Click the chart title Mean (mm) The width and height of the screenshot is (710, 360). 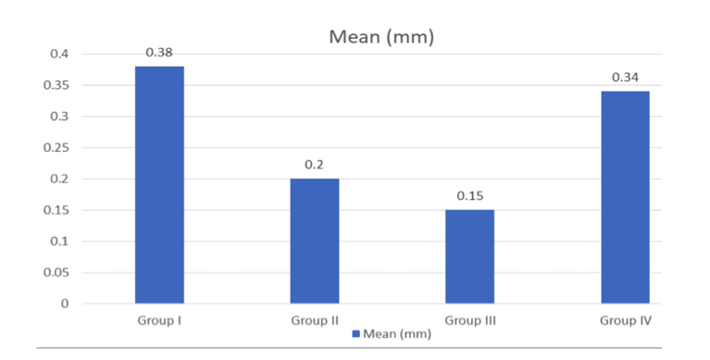click(x=382, y=38)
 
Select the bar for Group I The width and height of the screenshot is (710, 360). click(x=159, y=185)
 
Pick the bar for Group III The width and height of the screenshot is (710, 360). click(x=470, y=256)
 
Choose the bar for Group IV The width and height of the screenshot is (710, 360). click(x=625, y=197)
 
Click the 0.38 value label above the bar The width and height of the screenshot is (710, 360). click(x=159, y=53)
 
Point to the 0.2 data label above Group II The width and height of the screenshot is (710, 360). click(x=315, y=165)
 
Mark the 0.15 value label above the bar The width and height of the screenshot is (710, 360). click(x=470, y=196)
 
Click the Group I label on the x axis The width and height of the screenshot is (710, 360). click(x=159, y=320)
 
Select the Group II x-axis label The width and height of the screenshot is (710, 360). click(x=315, y=320)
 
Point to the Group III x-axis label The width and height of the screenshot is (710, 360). click(x=470, y=320)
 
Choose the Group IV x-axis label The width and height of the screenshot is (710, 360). click(x=625, y=320)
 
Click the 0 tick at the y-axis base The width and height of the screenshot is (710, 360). click(x=64, y=304)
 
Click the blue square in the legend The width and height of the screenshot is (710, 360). click(x=355, y=334)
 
